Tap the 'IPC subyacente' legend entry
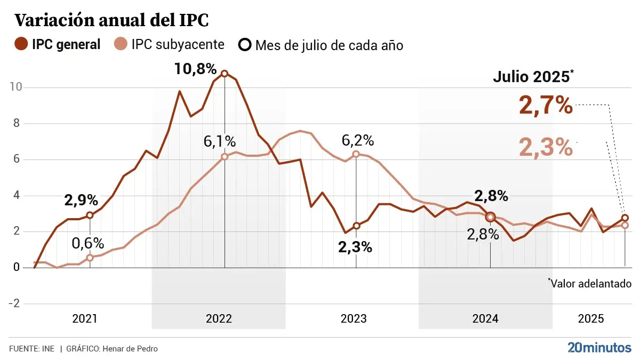pyautogui.click(x=169, y=44)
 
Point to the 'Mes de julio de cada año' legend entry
pyautogui.click(x=321, y=45)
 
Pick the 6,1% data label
pyautogui.click(x=219, y=141)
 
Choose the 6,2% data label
pyautogui.click(x=357, y=140)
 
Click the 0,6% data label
pyautogui.click(x=88, y=243)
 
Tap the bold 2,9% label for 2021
pyautogui.click(x=81, y=201)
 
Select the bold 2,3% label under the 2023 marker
pyautogui.click(x=355, y=247)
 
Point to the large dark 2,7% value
pyautogui.click(x=546, y=105)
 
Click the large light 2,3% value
pyautogui.click(x=546, y=147)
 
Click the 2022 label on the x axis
pyautogui.click(x=219, y=319)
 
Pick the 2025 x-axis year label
pyautogui.click(x=591, y=319)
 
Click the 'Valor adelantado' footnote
pyautogui.click(x=590, y=283)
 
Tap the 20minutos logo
pyautogui.click(x=599, y=348)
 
